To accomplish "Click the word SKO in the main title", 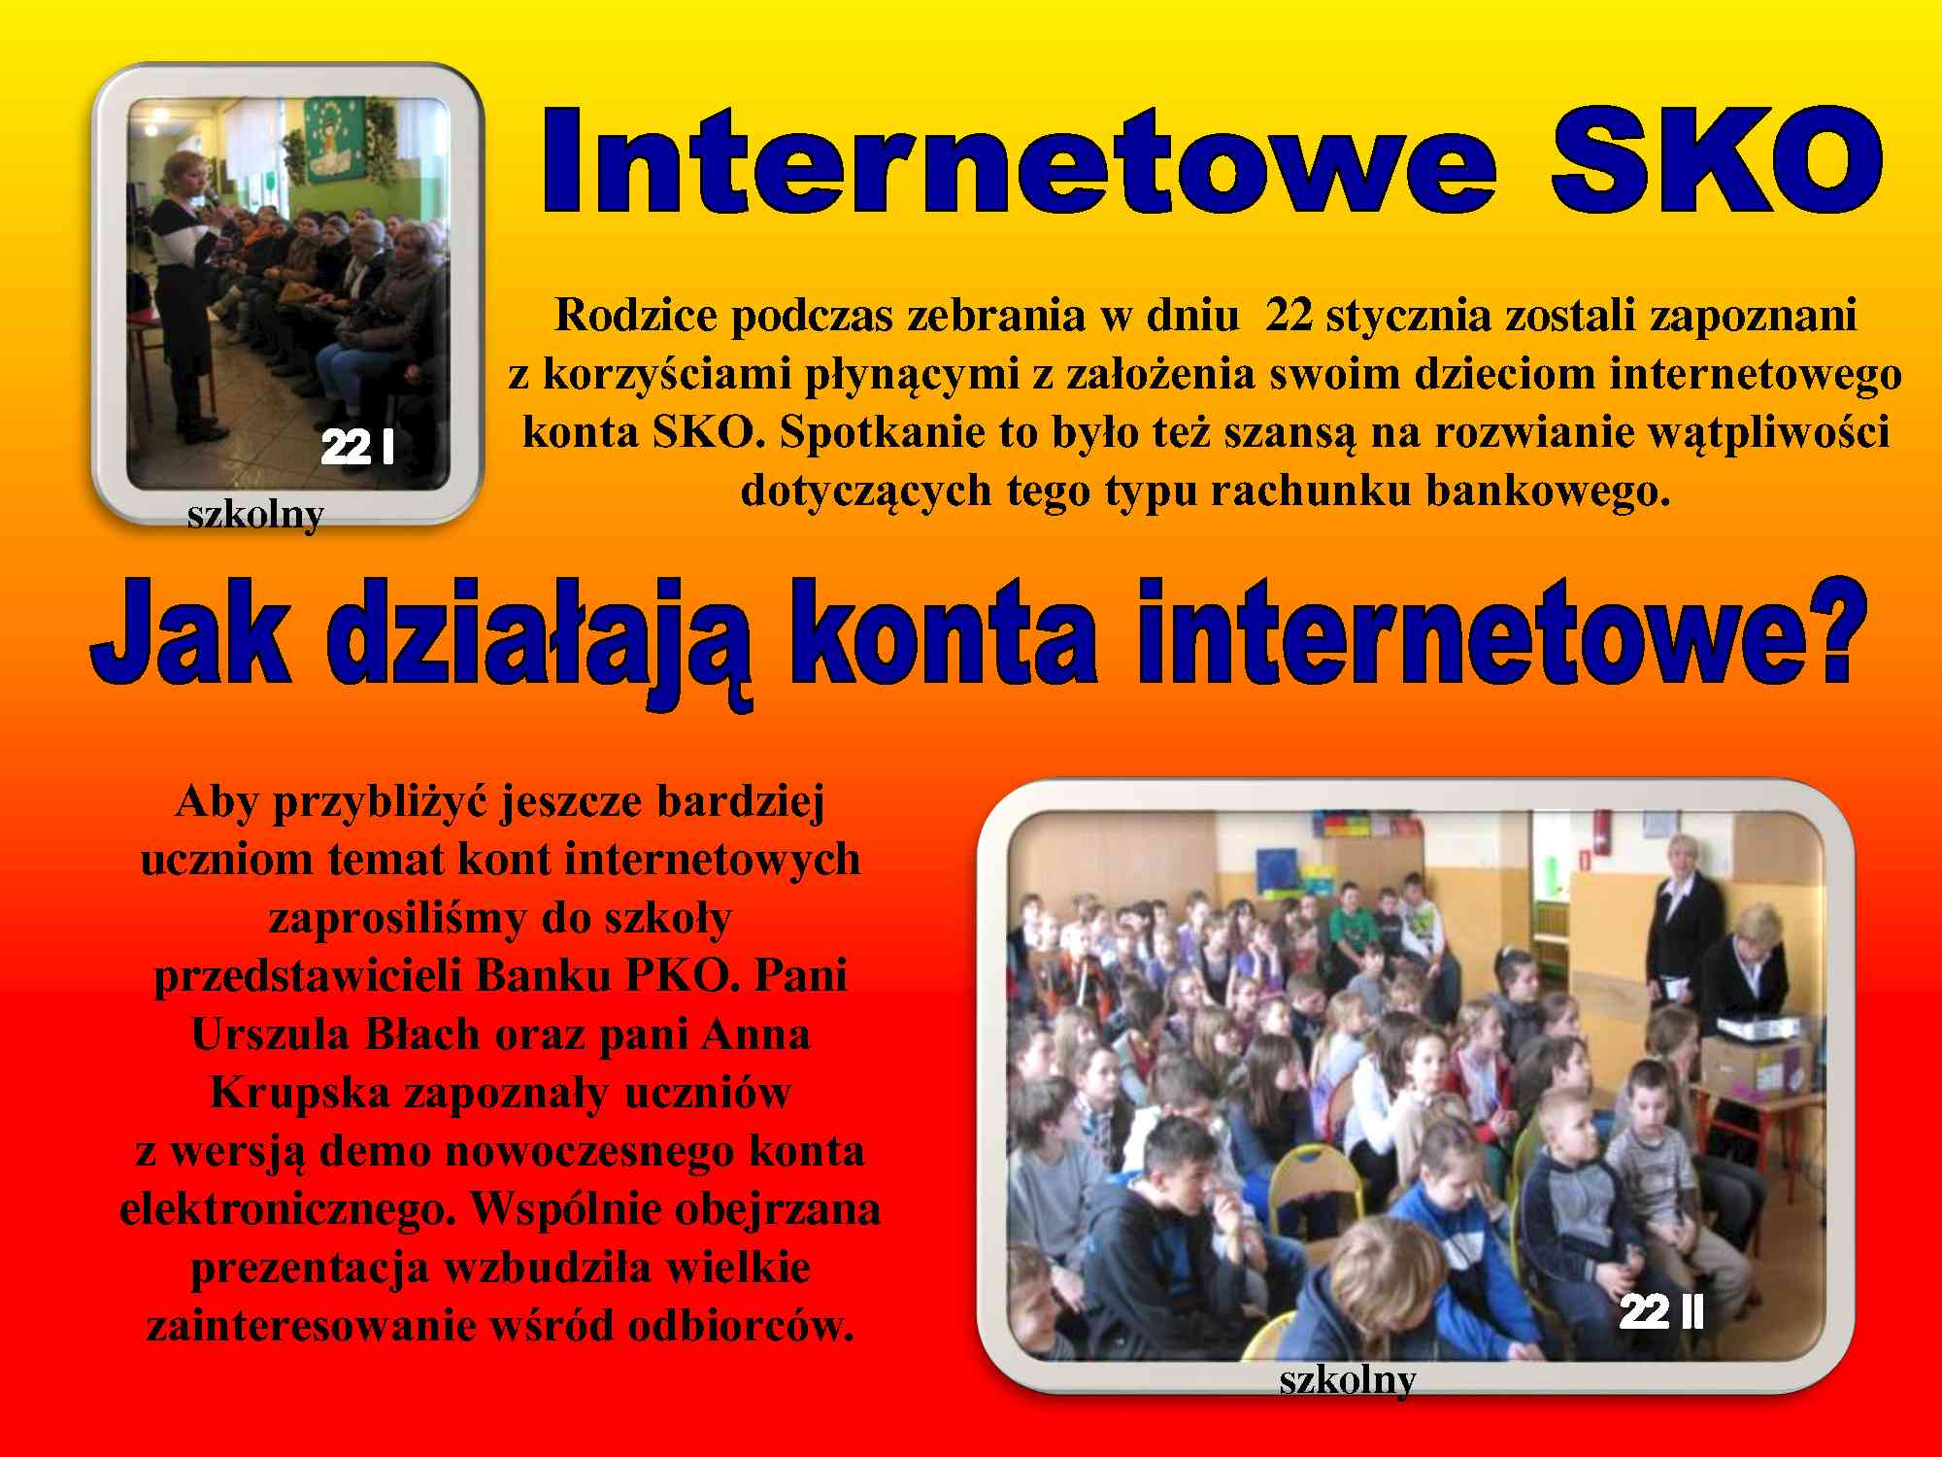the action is [1716, 161].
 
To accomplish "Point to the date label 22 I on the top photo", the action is [357, 448].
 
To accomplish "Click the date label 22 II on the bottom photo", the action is [1661, 1312].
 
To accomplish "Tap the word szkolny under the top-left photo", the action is [255, 515].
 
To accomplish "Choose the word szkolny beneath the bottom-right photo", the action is [1348, 1380].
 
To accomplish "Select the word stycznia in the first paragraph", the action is [1402, 316].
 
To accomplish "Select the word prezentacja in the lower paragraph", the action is [310, 1268].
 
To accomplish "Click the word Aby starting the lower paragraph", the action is [218, 802].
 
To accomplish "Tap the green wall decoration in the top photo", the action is [333, 139].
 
